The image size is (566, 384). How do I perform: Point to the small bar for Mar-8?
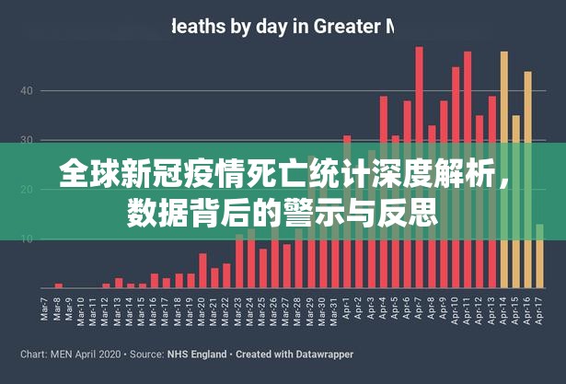pyautogui.click(x=59, y=285)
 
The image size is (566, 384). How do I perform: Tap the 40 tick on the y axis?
pyautogui.click(x=27, y=90)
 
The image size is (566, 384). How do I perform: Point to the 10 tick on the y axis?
pyautogui.click(x=27, y=239)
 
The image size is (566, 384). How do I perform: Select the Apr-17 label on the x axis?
pyautogui.click(x=537, y=308)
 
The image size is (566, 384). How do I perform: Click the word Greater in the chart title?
pyautogui.click(x=348, y=27)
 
